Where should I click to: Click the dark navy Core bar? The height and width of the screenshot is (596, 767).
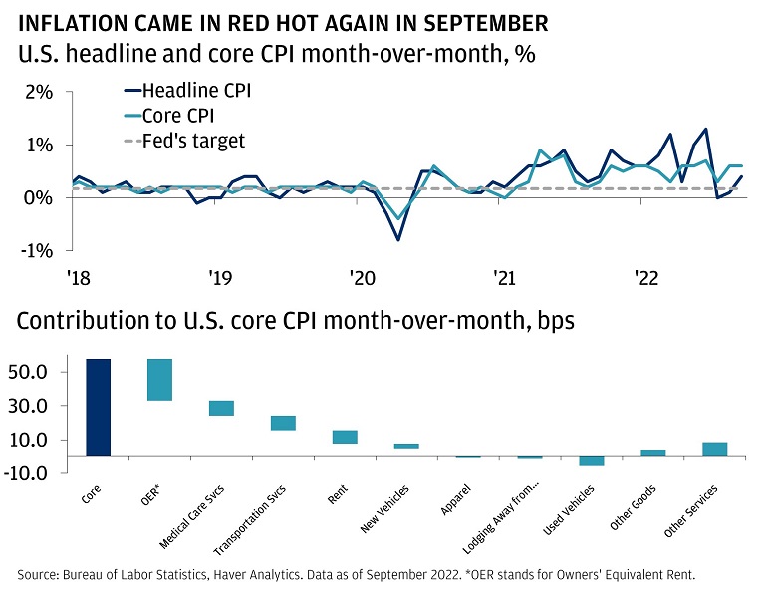point(99,408)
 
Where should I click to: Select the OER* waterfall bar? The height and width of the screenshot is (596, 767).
point(159,380)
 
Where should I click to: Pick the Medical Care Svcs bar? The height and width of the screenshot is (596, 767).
point(221,408)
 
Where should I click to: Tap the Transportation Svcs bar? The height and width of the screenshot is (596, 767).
point(283,423)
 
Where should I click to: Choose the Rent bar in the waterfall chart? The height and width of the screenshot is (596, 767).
point(345,437)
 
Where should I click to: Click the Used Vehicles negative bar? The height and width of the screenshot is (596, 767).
point(592,460)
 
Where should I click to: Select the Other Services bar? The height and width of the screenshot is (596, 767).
point(715,449)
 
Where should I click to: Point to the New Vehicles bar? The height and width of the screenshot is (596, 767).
point(406,447)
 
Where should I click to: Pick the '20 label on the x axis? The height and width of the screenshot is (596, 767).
point(360,277)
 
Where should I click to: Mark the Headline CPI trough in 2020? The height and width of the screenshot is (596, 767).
point(398,240)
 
